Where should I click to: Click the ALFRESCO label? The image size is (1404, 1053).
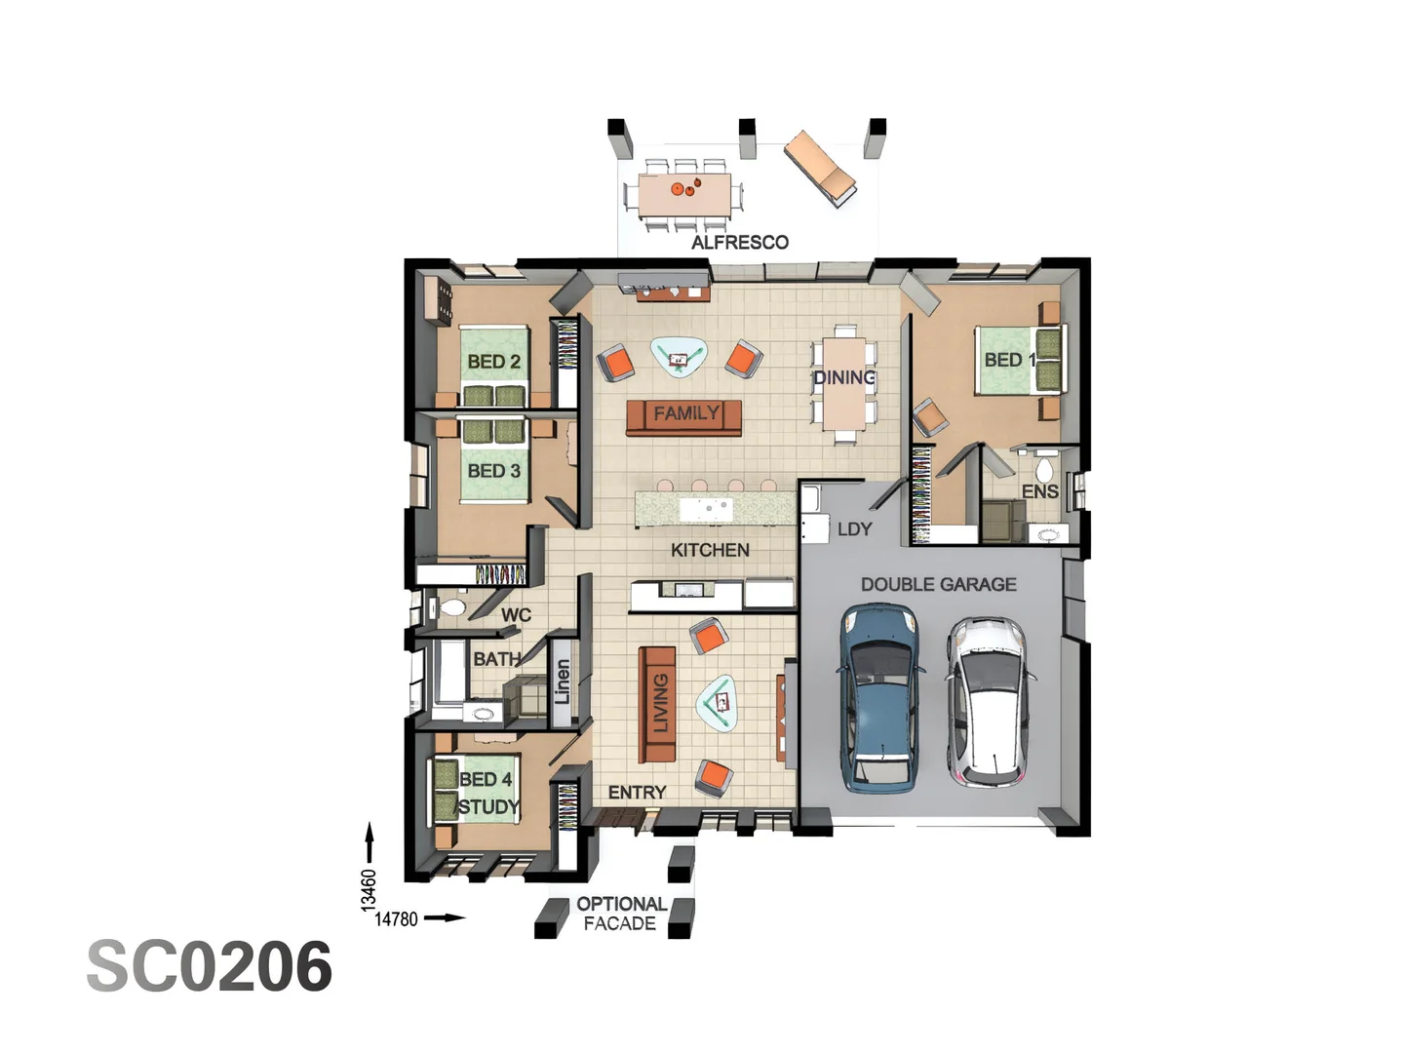[x=739, y=242]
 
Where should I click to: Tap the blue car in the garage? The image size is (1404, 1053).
[x=879, y=696]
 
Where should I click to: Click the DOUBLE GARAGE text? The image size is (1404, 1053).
[x=938, y=584]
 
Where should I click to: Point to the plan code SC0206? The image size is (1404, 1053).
[x=210, y=967]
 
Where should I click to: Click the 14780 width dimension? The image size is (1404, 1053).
[x=396, y=918]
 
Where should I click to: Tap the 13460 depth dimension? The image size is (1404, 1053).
[x=369, y=889]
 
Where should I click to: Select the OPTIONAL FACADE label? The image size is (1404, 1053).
[x=620, y=914]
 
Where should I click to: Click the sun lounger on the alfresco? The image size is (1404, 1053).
[x=821, y=168]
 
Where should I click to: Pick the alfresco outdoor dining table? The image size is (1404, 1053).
[x=684, y=194]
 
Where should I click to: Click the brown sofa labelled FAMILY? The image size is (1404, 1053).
[x=684, y=415]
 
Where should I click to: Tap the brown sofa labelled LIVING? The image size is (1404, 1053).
[x=657, y=704]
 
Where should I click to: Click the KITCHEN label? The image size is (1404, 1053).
[x=710, y=550]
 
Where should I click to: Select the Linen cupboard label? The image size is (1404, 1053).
[x=563, y=682]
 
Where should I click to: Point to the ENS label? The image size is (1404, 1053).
[x=1039, y=491]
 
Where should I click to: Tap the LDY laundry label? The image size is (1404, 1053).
[x=854, y=528]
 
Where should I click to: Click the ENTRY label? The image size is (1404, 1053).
[x=637, y=792]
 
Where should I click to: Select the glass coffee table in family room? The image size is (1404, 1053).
[x=679, y=356]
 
